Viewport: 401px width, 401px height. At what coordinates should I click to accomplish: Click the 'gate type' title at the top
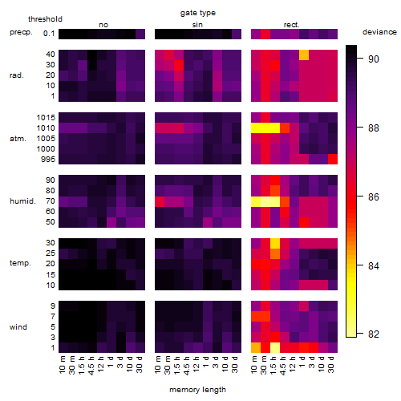(x=198, y=13)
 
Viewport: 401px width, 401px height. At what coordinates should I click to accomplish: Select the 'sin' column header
(x=197, y=25)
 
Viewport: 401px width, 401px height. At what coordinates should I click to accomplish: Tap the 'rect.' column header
(x=292, y=25)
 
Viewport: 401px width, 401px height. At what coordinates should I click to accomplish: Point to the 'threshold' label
(x=45, y=19)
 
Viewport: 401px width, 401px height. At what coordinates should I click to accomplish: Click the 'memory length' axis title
(x=198, y=390)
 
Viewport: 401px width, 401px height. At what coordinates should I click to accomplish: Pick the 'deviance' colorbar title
(x=379, y=32)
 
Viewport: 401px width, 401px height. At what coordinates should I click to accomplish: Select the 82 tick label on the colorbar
(x=374, y=334)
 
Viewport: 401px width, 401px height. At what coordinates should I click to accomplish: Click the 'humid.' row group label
(x=22, y=201)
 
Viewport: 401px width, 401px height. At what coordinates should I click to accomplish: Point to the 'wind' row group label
(x=18, y=327)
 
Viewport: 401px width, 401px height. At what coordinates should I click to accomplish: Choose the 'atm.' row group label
(x=18, y=139)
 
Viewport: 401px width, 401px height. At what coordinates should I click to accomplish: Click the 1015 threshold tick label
(x=46, y=118)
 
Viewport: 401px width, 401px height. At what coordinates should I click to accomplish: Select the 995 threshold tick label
(x=48, y=160)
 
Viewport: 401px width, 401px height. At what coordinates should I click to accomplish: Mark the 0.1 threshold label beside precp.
(x=49, y=34)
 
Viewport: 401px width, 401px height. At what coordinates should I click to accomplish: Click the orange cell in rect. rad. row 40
(x=304, y=55)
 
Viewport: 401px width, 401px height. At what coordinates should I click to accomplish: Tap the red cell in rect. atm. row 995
(x=333, y=160)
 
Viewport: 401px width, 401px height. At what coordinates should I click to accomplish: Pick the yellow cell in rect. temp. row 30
(x=275, y=243)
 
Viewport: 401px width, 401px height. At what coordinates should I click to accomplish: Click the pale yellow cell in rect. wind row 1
(x=275, y=348)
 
